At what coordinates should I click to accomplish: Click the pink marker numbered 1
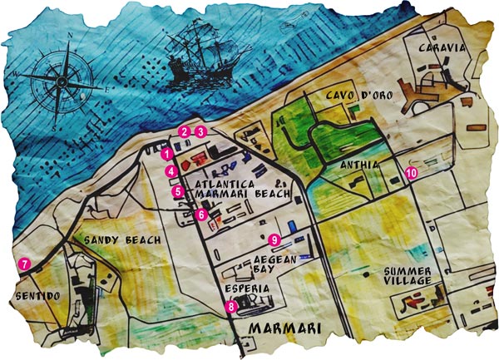(x=167, y=154)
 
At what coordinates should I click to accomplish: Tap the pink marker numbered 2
(x=184, y=131)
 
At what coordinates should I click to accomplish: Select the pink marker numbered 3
(x=200, y=131)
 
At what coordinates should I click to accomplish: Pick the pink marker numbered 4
(x=170, y=171)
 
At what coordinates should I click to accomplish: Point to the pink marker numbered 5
(x=178, y=192)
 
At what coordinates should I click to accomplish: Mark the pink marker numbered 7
(x=25, y=264)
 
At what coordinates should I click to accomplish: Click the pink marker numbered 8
(x=231, y=306)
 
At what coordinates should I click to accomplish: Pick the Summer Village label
(x=408, y=277)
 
